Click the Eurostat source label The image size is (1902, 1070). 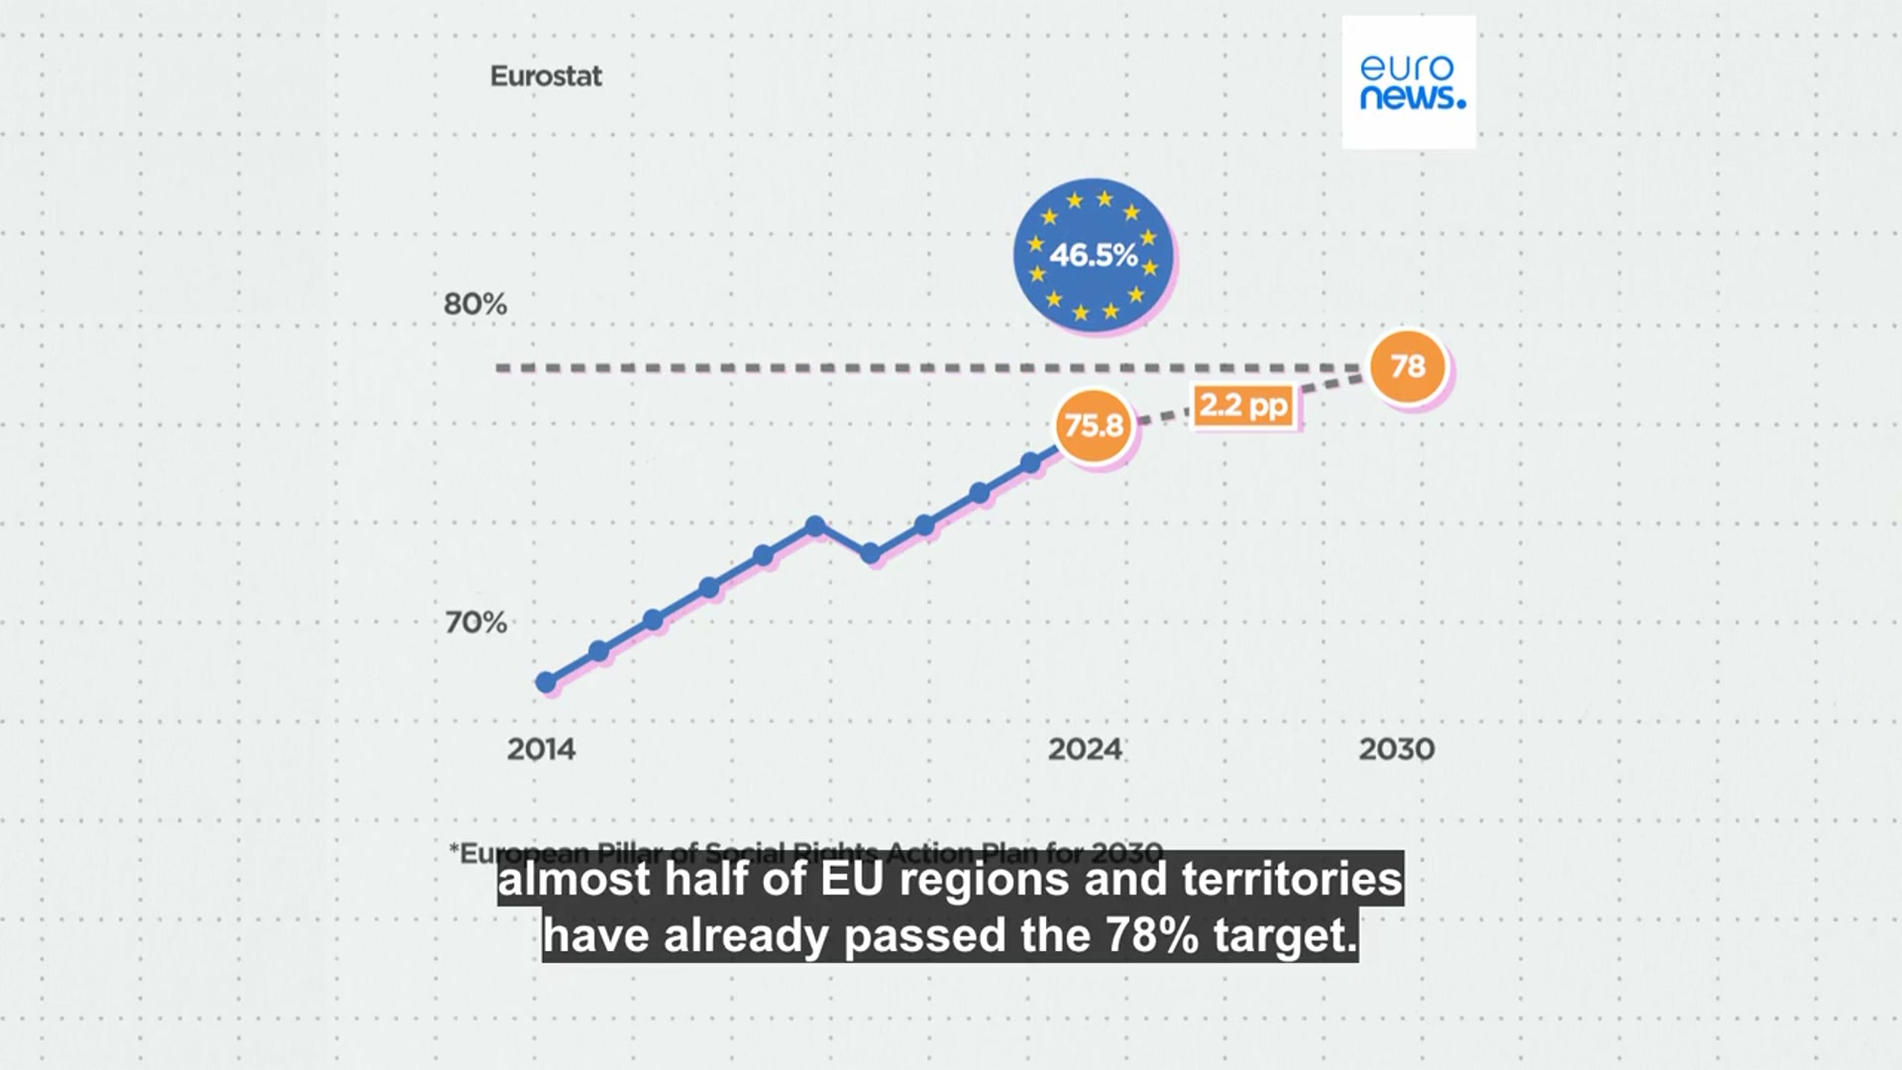point(546,76)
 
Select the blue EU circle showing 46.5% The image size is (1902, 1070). point(1093,255)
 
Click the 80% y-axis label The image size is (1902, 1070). point(475,304)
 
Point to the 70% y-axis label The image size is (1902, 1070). point(475,622)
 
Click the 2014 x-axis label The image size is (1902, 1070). point(541,749)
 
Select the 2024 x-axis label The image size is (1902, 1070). point(1085,749)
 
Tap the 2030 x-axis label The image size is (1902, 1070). point(1396,749)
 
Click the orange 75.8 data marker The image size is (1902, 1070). point(1093,426)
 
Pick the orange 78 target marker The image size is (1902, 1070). point(1408,367)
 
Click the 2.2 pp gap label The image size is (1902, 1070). point(1243,405)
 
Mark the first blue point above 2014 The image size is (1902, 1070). point(546,682)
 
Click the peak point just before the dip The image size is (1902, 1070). point(815,525)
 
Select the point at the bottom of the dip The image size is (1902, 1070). point(870,554)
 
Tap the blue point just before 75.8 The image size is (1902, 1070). point(1030,463)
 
